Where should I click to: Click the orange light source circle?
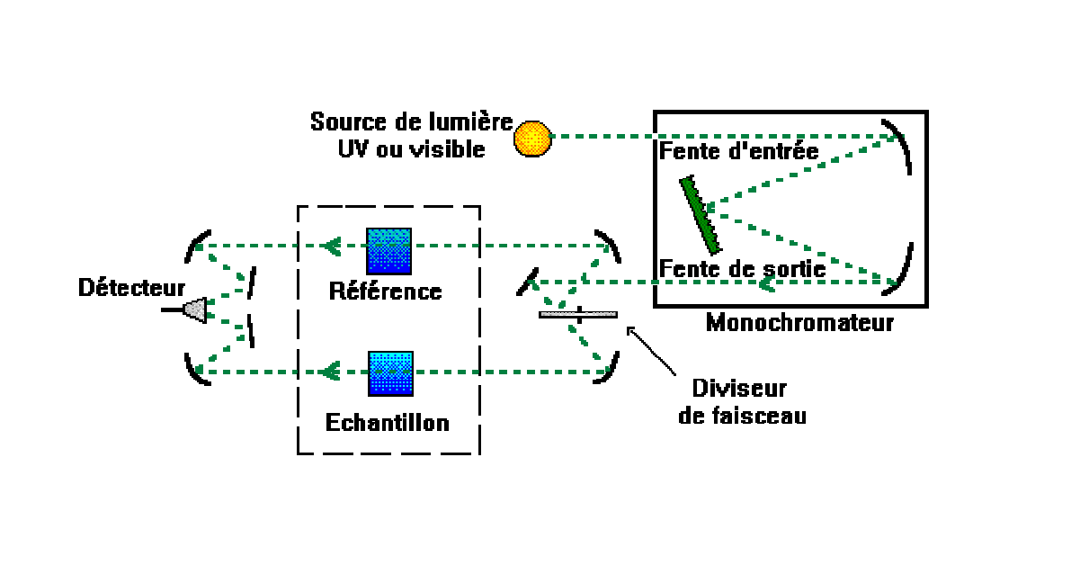click(531, 138)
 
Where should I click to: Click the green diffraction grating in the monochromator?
click(700, 214)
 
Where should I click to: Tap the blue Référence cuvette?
click(388, 251)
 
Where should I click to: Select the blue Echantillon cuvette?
click(390, 374)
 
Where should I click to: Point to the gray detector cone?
click(195, 309)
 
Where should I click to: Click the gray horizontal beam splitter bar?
click(577, 314)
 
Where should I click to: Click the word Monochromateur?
click(799, 322)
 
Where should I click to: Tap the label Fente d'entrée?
click(739, 151)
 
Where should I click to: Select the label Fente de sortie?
click(743, 268)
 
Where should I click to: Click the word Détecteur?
click(131, 288)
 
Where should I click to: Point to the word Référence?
click(385, 291)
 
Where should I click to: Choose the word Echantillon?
click(388, 422)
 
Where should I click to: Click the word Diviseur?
click(739, 390)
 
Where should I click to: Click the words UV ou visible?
click(410, 148)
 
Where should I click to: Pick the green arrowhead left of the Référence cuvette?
click(331, 245)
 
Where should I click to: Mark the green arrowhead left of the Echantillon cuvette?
click(331, 370)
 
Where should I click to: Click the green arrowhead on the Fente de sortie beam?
click(767, 284)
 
